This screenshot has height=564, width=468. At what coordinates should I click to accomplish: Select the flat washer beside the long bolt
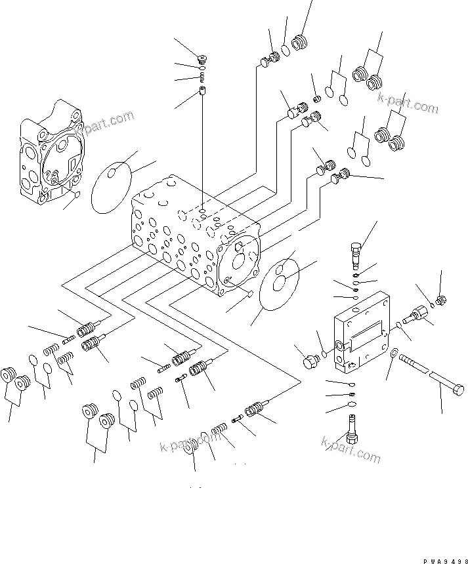point(393,354)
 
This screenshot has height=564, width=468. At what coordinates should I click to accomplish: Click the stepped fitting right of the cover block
point(416,315)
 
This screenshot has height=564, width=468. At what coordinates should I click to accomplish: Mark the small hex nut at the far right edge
point(442,300)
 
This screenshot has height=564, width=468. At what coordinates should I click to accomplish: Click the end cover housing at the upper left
point(51,153)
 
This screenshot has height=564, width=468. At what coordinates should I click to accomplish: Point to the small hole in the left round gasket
point(114,174)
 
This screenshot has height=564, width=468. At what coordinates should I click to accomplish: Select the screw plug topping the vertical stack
point(203,60)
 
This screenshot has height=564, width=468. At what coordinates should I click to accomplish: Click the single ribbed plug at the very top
point(301,42)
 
